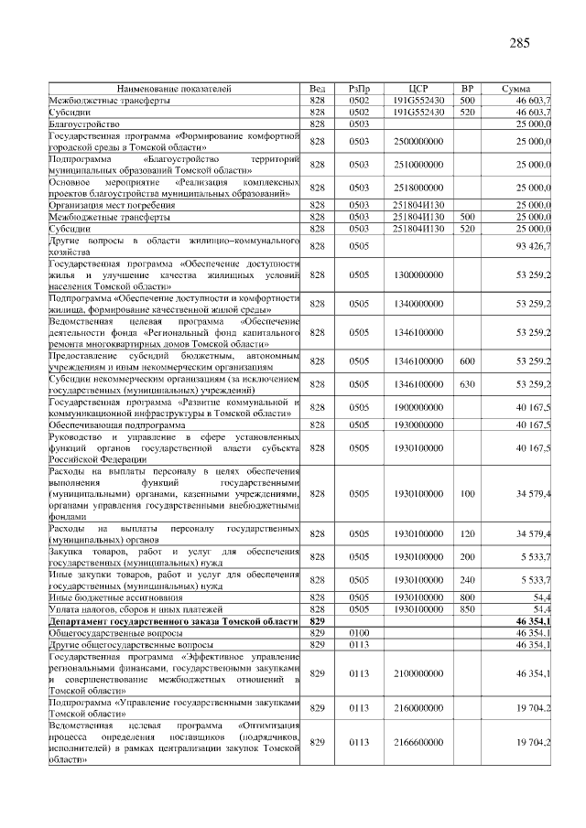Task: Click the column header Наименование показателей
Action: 174,88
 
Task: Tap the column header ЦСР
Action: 418,88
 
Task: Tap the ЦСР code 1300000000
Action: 418,274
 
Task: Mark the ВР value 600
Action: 466,361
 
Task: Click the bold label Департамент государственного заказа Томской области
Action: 173,621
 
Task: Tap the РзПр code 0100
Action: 358,633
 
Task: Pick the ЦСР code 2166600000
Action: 418,741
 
